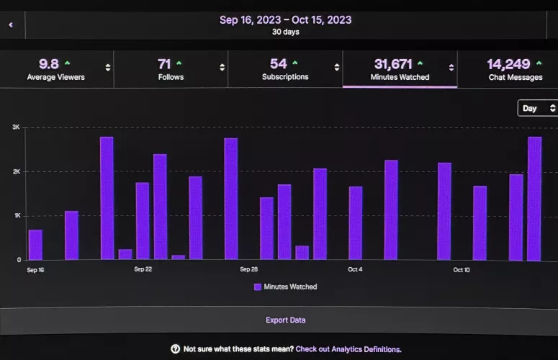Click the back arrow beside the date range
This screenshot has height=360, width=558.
point(11,24)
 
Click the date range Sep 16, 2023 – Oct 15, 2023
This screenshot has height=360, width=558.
point(285,20)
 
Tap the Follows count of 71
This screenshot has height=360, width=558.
point(164,64)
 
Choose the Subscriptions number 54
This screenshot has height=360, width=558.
point(278,64)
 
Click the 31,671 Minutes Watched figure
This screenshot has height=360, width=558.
point(392,64)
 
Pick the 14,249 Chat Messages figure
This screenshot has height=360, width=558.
point(508,64)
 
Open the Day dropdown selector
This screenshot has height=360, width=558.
point(537,108)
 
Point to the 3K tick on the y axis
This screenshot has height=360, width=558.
point(16,127)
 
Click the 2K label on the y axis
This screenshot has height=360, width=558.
point(16,171)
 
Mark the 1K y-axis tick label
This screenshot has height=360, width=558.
point(16,216)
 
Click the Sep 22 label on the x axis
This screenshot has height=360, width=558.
point(143,270)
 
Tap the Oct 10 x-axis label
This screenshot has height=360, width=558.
point(462,270)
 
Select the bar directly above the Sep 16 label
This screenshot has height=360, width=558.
point(35,245)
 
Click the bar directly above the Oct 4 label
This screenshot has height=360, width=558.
point(356,223)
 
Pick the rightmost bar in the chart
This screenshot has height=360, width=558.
point(534,198)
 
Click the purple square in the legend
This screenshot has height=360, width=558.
point(258,287)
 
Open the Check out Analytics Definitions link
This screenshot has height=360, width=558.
point(348,349)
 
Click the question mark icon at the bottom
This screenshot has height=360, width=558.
point(175,349)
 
